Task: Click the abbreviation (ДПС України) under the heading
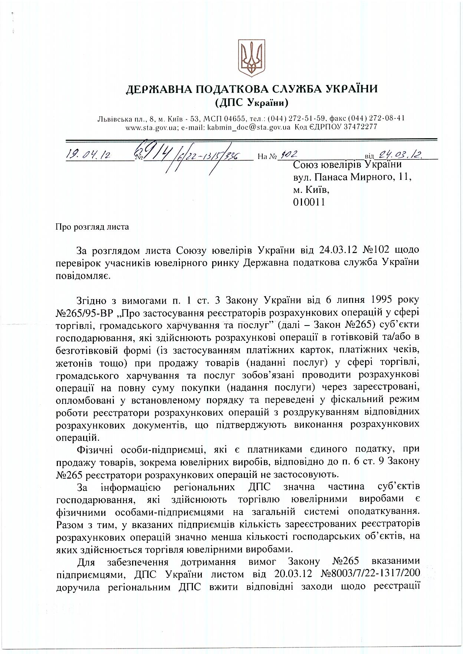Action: (252, 101)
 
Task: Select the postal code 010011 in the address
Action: (309, 202)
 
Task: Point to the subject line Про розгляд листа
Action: (92, 226)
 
